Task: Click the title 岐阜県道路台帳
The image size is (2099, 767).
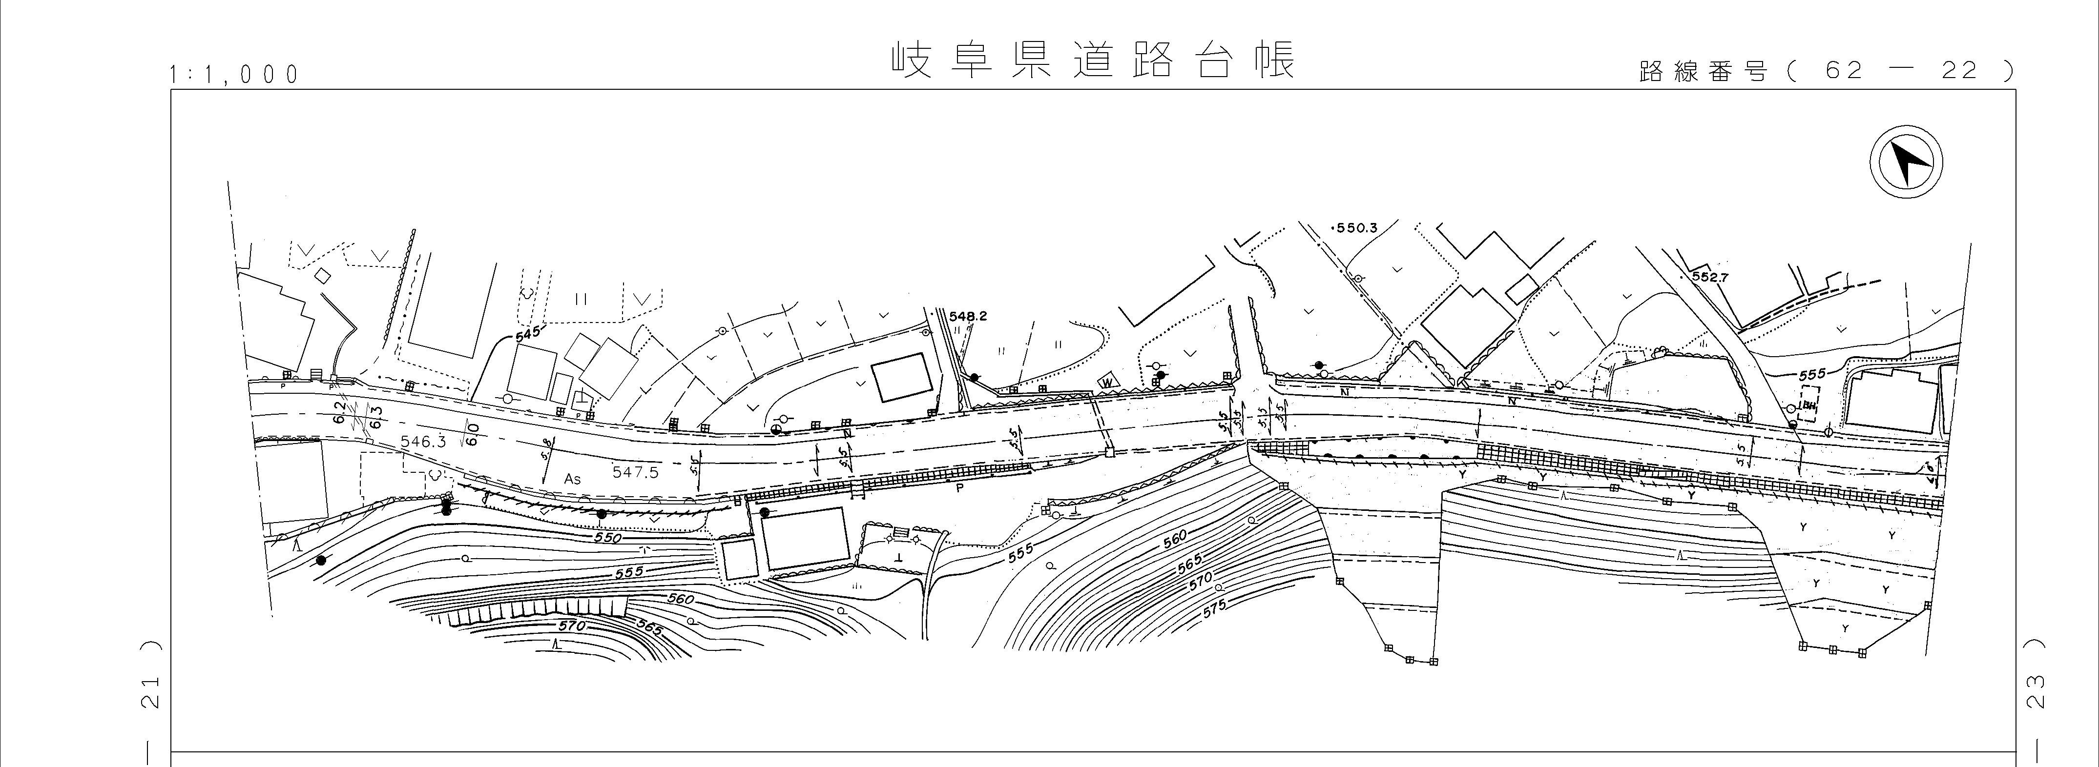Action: [1092, 60]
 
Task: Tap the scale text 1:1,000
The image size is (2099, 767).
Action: [234, 75]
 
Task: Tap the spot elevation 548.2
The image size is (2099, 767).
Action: [968, 316]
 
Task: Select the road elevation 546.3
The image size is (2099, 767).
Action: [424, 441]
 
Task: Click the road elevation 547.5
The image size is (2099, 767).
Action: [635, 471]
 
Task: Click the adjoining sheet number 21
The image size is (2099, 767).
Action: [151, 692]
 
